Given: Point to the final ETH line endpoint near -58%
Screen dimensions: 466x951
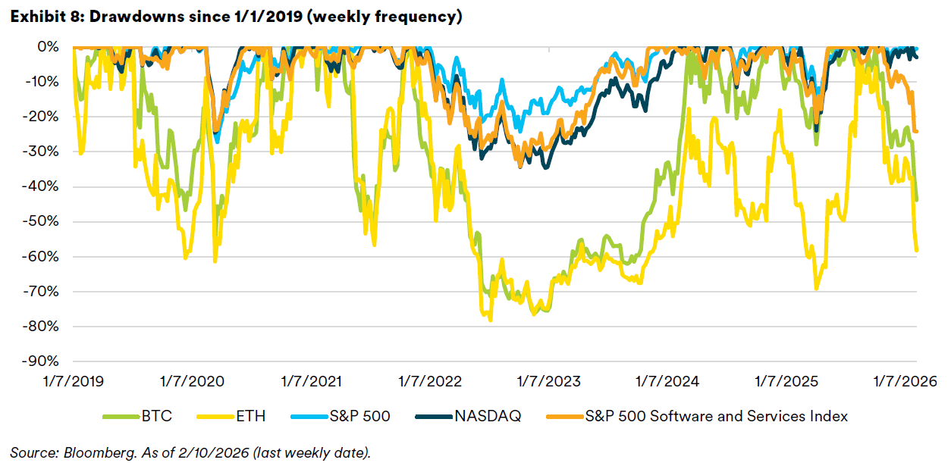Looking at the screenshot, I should coord(917,250).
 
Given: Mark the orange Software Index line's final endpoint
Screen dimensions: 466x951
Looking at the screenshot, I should coord(917,131).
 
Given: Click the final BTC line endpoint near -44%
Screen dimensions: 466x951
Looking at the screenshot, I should coord(917,200).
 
